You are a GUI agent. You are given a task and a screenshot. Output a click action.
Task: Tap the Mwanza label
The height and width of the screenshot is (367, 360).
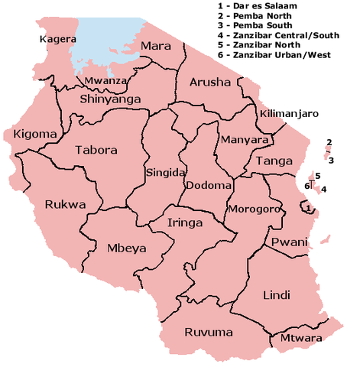(x=102, y=80)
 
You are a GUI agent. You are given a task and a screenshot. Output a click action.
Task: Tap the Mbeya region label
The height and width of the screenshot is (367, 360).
(x=105, y=248)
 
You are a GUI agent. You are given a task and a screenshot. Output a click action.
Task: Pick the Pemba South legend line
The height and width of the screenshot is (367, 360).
(x=256, y=26)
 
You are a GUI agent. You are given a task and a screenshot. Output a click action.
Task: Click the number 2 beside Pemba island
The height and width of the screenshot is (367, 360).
(x=329, y=142)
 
